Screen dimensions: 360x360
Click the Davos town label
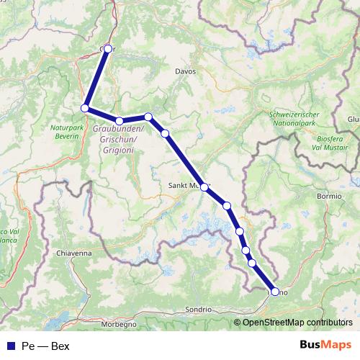tap(185, 72)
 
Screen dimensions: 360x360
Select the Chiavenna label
tap(75, 253)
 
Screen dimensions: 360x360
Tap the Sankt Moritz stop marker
tap(204, 187)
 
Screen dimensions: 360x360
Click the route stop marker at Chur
tap(108, 49)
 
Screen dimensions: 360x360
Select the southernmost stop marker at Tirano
tap(274, 292)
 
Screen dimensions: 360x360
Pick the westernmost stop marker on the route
tap(85, 108)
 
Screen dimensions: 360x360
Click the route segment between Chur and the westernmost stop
tap(96, 78)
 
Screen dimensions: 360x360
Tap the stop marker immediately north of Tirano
tap(252, 263)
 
